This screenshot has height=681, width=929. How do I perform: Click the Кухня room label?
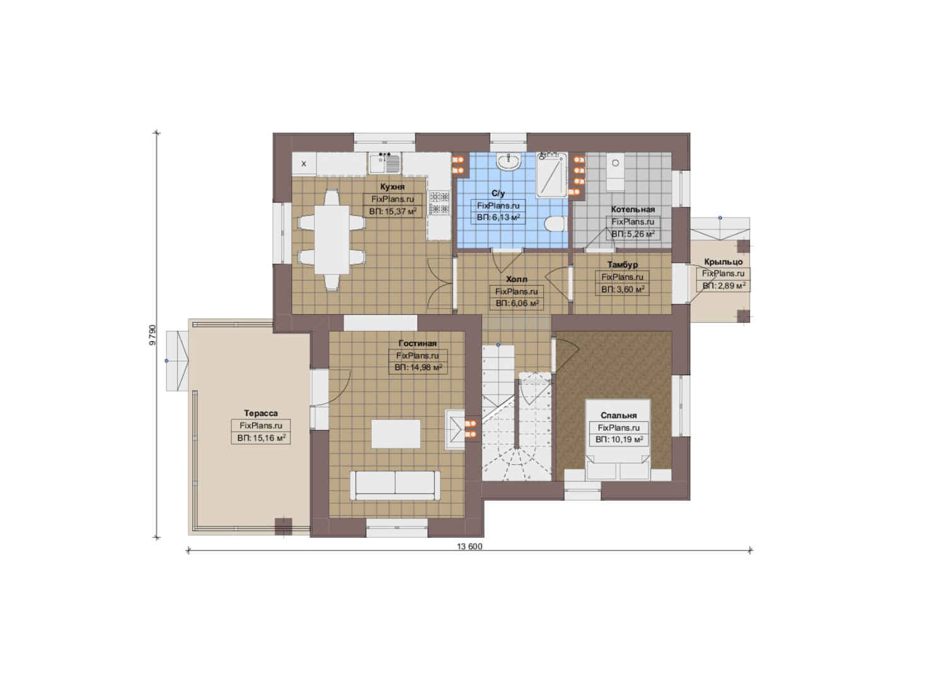coord(392,187)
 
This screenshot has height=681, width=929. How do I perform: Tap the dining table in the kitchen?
coord(332,239)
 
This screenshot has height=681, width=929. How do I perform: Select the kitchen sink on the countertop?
coord(384,163)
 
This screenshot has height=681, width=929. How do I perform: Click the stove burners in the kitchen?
coord(439,203)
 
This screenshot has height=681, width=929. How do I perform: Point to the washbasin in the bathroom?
coord(509,161)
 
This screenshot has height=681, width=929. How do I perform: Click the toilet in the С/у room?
coord(555,224)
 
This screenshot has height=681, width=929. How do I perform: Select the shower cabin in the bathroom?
coord(551,174)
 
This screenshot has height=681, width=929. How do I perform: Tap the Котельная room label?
coord(633,209)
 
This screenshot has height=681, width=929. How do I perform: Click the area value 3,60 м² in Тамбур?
coord(622,289)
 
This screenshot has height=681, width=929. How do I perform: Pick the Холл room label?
coord(516,279)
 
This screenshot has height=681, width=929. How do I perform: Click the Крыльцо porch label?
coord(724,262)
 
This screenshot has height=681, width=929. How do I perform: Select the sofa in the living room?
coord(395,486)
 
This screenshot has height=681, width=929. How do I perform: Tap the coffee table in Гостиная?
coord(396,434)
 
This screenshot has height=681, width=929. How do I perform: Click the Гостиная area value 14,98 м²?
coord(418,368)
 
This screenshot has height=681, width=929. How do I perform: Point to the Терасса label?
coord(260,414)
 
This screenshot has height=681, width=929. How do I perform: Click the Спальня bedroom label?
coord(618,416)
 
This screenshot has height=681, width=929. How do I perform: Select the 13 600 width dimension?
coord(470,547)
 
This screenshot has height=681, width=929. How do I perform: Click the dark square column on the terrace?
coord(284,527)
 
